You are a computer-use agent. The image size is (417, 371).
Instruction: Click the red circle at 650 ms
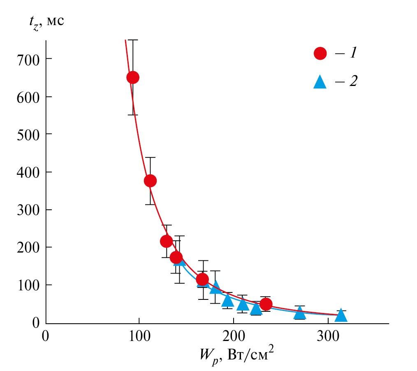132,77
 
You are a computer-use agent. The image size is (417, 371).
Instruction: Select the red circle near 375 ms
150,181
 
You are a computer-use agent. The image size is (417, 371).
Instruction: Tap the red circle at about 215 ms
166,241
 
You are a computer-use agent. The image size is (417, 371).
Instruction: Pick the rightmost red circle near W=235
266,304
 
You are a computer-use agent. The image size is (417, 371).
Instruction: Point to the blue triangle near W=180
215,287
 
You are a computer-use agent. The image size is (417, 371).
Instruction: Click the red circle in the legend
320,53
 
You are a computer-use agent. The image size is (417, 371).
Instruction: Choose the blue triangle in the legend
320,82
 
